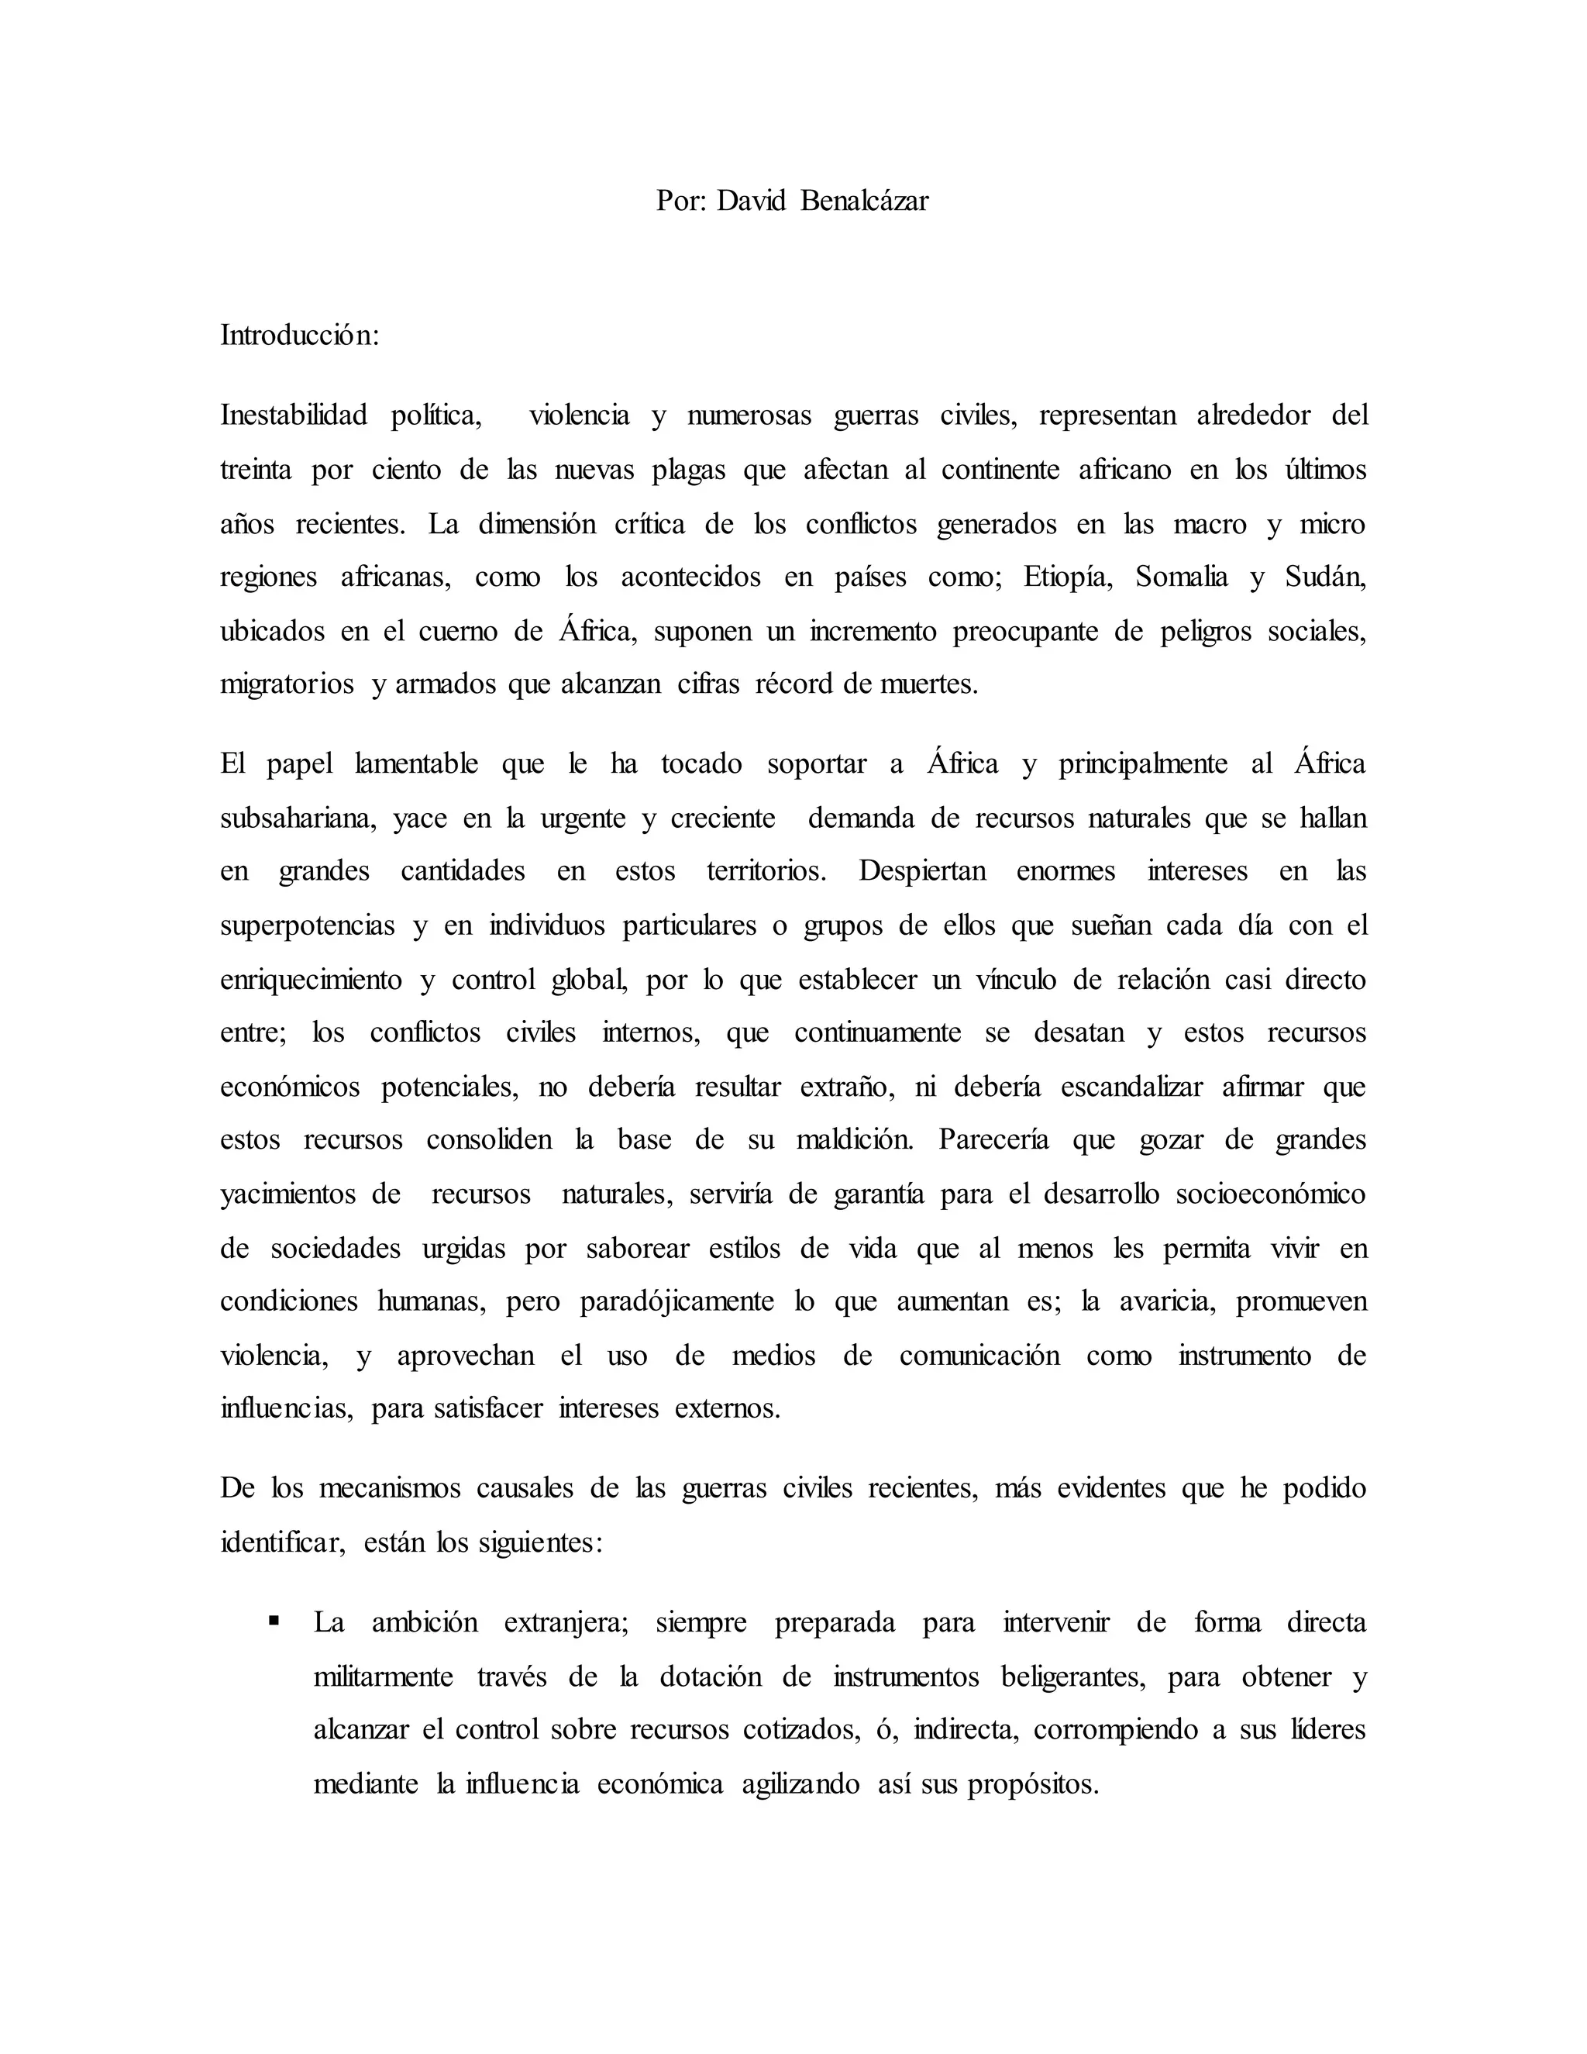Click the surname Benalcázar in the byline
click(864, 200)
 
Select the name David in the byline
click(751, 200)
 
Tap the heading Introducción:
click(300, 335)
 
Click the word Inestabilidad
click(294, 415)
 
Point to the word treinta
click(256, 469)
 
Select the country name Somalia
click(1181, 577)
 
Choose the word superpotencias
click(308, 925)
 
